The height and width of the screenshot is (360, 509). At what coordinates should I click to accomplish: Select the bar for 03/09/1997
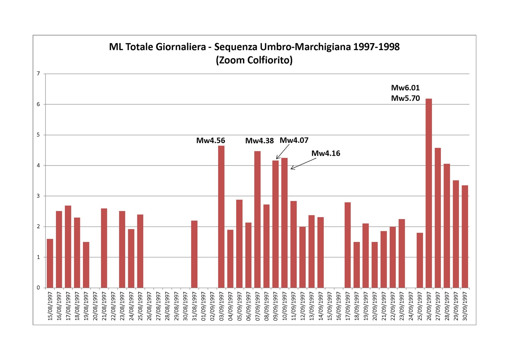[221, 217]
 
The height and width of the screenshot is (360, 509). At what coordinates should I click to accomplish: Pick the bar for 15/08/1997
[50, 263]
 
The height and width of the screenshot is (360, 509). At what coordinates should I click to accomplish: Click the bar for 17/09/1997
[347, 245]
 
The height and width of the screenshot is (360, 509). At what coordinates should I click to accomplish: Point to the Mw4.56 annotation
[210, 140]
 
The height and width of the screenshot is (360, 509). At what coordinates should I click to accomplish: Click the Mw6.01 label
[405, 88]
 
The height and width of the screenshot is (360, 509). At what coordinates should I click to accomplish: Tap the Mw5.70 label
[405, 98]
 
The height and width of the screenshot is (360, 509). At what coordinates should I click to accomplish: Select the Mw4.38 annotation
[259, 141]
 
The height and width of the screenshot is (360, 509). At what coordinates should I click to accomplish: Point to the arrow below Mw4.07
[283, 152]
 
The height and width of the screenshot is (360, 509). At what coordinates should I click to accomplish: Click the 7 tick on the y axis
[38, 74]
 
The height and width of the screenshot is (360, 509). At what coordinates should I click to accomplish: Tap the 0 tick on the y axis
[38, 287]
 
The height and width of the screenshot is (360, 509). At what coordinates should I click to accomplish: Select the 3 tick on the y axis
[38, 196]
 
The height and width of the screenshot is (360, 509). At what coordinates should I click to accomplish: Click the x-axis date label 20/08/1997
[95, 306]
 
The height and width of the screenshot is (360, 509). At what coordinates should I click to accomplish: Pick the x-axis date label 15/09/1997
[330, 306]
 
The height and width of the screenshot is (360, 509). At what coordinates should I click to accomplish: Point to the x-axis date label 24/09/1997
[411, 306]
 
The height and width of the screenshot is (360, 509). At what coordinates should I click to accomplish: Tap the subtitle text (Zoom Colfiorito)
[254, 60]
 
